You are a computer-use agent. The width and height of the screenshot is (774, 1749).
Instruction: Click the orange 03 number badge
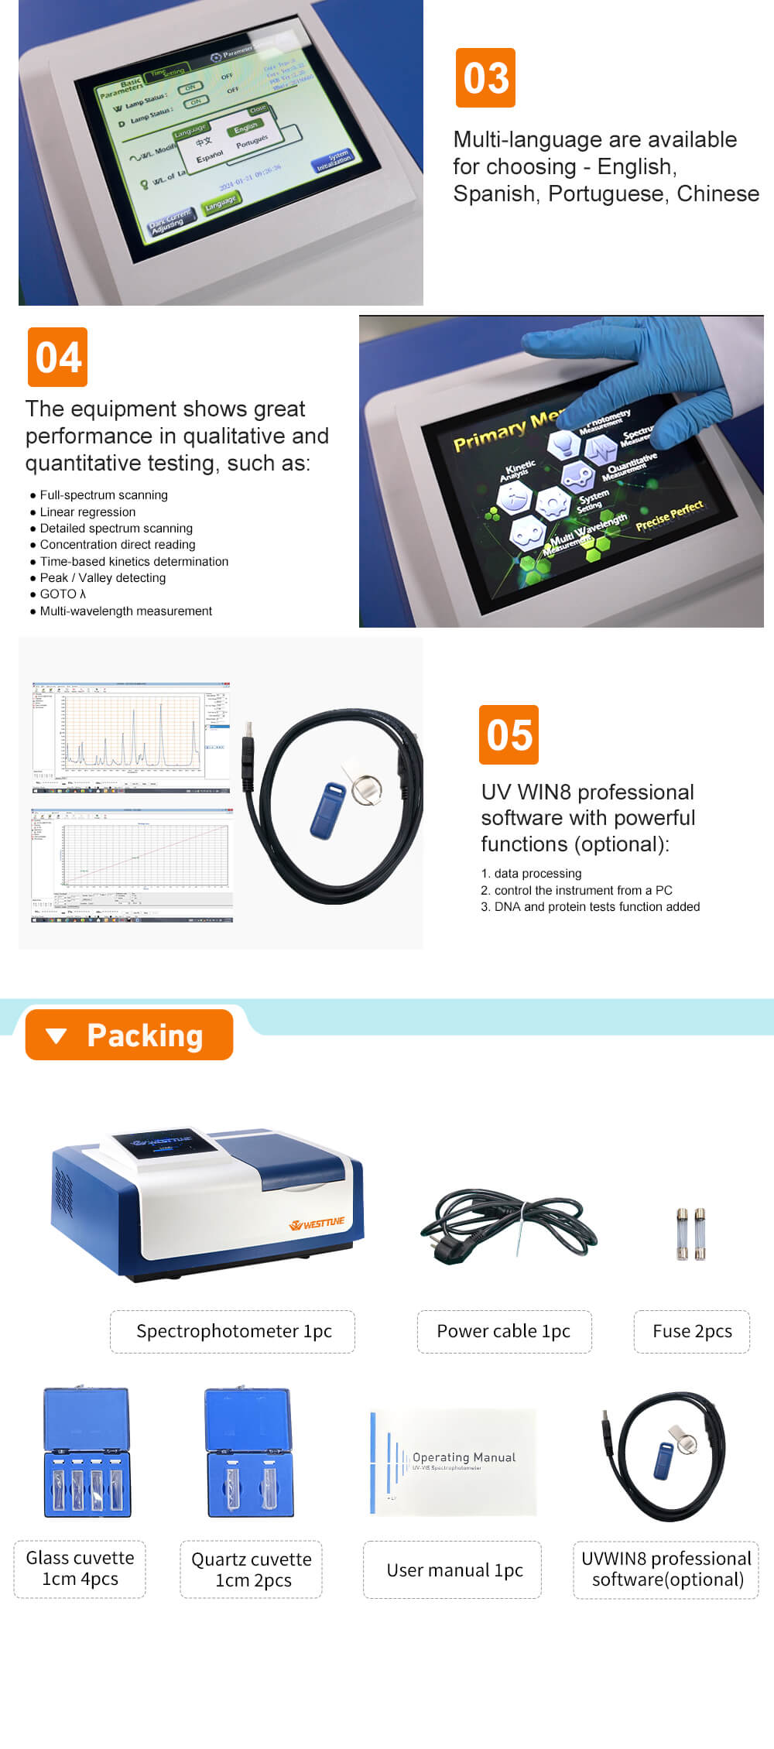click(485, 78)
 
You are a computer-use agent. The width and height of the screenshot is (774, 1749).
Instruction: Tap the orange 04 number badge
click(57, 358)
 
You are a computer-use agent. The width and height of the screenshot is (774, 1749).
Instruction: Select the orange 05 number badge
click(509, 734)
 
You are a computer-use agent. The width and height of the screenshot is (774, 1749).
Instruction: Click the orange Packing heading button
click(129, 1035)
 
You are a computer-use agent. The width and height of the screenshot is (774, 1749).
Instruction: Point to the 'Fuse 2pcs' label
click(692, 1331)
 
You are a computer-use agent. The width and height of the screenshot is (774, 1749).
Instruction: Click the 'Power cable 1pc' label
click(504, 1331)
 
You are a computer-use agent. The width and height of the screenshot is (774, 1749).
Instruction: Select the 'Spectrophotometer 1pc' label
click(233, 1331)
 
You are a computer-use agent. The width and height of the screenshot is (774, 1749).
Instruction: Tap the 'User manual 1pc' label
click(454, 1570)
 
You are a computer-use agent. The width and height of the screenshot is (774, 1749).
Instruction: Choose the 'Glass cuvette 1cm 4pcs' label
click(80, 1569)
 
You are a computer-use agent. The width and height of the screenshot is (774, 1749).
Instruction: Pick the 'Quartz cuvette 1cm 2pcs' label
click(252, 1569)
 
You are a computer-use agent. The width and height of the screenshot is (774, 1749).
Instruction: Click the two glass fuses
click(690, 1234)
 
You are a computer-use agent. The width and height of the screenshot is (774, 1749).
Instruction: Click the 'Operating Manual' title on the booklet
click(464, 1457)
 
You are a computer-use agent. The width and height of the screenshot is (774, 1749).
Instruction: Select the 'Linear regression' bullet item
click(87, 512)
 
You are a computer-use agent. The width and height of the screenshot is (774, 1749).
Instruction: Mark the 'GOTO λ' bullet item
click(63, 594)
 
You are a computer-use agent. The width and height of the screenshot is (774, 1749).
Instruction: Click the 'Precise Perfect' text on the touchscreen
click(669, 516)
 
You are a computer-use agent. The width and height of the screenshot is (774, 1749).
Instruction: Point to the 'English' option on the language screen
click(246, 127)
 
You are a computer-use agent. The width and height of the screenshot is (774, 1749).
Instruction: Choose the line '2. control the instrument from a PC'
click(577, 890)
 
